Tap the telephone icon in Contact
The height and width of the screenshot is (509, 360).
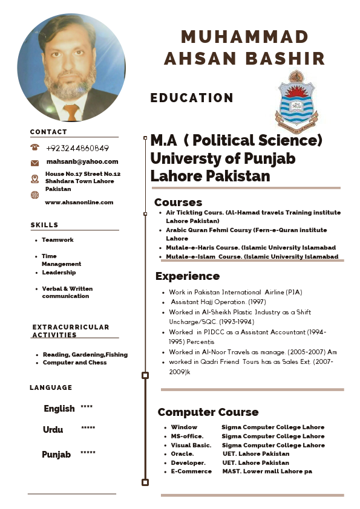(34, 148)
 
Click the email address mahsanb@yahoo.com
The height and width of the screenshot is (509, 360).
(82, 161)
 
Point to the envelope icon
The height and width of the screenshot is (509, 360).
(34, 163)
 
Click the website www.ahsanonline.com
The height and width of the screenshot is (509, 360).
(79, 203)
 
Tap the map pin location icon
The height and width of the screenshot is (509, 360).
(34, 178)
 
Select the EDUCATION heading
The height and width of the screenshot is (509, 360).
(192, 98)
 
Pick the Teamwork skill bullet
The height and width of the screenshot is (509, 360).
(57, 240)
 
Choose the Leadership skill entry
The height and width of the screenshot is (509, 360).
(59, 273)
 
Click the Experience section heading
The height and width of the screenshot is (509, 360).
(187, 276)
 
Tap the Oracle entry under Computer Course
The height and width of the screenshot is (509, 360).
(182, 454)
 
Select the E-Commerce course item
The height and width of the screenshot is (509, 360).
(191, 471)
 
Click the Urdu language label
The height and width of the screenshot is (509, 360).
(53, 430)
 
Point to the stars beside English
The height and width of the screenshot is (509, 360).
(87, 407)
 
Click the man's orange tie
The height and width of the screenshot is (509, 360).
(71, 111)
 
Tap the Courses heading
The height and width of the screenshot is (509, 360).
(178, 203)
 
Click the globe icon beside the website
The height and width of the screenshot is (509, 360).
(34, 195)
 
